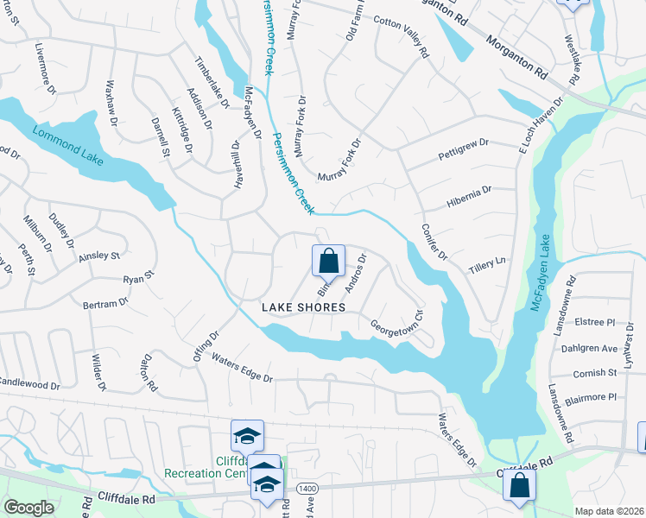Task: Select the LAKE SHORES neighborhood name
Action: click(305, 307)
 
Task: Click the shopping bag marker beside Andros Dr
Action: click(328, 260)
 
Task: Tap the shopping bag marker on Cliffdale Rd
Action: click(520, 485)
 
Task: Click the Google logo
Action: click(28, 508)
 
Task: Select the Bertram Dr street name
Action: click(104, 304)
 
